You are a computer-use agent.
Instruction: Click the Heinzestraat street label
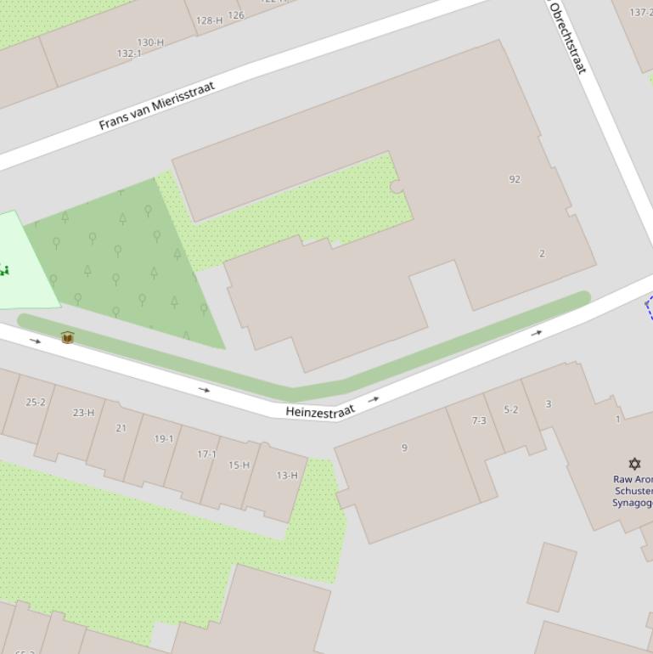(319, 411)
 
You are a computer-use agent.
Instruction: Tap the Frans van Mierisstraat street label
(157, 105)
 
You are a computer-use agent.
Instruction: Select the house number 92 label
(515, 179)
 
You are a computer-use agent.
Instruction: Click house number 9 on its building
(404, 448)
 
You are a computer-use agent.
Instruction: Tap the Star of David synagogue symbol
(634, 463)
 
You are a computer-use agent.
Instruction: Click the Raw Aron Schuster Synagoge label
(633, 491)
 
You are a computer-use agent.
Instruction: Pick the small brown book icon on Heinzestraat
(68, 338)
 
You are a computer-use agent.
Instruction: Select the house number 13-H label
(287, 475)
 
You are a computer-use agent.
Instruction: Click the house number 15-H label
(239, 465)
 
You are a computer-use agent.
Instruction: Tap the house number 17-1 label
(207, 454)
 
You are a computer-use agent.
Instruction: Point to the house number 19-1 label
(164, 439)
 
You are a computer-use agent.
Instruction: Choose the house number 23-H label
(83, 413)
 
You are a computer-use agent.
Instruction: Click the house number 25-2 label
(36, 402)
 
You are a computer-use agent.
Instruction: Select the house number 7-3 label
(479, 420)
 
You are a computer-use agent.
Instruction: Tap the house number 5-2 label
(510, 409)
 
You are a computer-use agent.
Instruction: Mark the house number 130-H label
(150, 42)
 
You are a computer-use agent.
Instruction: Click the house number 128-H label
(209, 20)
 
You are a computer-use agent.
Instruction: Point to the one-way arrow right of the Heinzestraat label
(374, 398)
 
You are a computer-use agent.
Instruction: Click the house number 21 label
(121, 428)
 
